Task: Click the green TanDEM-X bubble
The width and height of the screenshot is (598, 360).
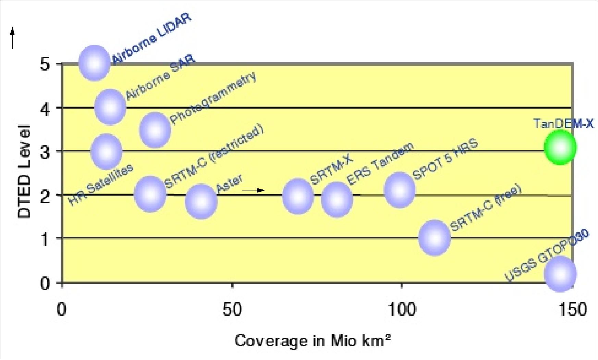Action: click(560, 148)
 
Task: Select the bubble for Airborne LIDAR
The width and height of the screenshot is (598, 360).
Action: click(94, 63)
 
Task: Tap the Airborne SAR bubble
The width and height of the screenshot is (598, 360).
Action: click(110, 107)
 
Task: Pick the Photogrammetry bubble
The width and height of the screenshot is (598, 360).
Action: click(155, 130)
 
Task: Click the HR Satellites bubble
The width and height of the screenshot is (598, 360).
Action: click(106, 151)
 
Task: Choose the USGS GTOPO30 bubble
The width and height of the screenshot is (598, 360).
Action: click(560, 274)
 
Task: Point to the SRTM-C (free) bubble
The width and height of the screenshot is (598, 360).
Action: click(435, 238)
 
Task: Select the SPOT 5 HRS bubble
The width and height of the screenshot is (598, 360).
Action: click(400, 190)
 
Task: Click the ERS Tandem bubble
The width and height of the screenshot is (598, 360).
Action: click(337, 199)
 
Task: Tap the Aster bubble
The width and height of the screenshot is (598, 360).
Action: click(201, 201)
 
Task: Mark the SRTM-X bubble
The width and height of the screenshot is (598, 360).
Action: click(298, 196)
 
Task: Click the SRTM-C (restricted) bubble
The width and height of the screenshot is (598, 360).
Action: click(150, 194)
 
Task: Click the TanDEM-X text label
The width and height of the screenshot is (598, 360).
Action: click(563, 123)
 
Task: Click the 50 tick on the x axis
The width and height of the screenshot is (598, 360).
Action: click(232, 310)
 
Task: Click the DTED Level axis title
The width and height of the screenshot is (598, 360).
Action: click(25, 172)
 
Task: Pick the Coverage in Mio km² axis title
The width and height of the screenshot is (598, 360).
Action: click(313, 341)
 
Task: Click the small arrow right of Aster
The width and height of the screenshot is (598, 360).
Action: click(254, 190)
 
